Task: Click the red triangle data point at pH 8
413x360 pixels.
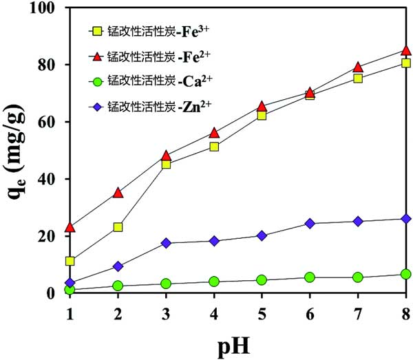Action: coord(406,51)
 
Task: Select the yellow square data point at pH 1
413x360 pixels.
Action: coord(70,261)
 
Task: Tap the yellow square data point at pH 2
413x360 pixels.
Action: coord(118,226)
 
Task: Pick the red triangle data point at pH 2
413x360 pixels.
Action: coord(118,193)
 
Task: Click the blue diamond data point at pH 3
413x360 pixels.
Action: coord(166,243)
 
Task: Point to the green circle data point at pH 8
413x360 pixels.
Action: coord(406,274)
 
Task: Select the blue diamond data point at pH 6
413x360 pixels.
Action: coord(310,223)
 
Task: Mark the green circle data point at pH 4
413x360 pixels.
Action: coord(214,281)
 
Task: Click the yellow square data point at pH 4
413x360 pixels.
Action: coord(214,147)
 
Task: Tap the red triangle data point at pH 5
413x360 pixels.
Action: coord(262,106)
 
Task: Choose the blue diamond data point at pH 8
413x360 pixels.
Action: coord(406,218)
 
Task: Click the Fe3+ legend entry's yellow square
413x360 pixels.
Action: coord(97,31)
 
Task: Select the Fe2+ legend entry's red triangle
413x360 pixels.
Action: coord(97,56)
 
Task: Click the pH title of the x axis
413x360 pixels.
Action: coord(237,343)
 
